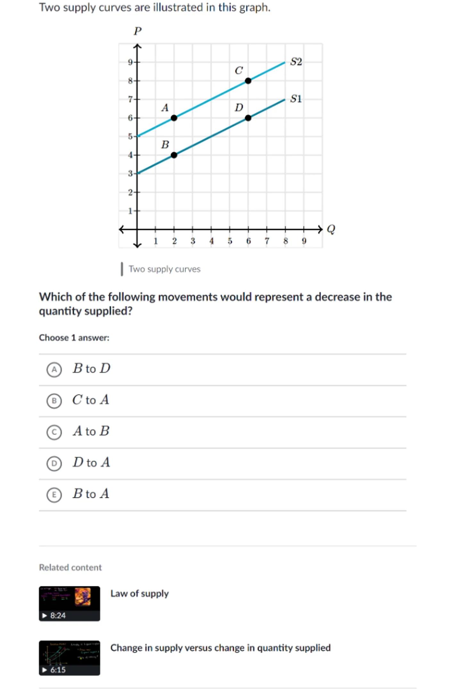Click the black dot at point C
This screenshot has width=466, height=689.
pyautogui.click(x=248, y=81)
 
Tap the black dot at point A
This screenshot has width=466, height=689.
pyautogui.click(x=174, y=118)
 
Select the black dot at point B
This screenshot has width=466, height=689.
pyautogui.click(x=174, y=155)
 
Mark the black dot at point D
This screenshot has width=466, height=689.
pyautogui.click(x=248, y=118)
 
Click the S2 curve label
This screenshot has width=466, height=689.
pyautogui.click(x=296, y=62)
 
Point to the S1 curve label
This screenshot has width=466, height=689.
pyautogui.click(x=296, y=99)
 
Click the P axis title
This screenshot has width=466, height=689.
pyautogui.click(x=137, y=31)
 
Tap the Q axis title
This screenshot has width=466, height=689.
pyautogui.click(x=331, y=229)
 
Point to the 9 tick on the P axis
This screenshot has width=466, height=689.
pyautogui.click(x=130, y=62)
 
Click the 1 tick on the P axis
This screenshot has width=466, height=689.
pyautogui.click(x=130, y=211)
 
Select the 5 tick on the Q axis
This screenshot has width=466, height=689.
pyautogui.click(x=230, y=241)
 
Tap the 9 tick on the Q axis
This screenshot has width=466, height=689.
pyautogui.click(x=304, y=241)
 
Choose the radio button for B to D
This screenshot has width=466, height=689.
pyautogui.click(x=54, y=369)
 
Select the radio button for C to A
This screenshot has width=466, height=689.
pyautogui.click(x=54, y=401)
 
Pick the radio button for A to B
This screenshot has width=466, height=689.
pyautogui.click(x=54, y=432)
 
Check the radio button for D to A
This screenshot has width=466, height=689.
pyautogui.click(x=54, y=463)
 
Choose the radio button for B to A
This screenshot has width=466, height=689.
pyautogui.click(x=54, y=495)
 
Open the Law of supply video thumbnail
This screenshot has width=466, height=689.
pyautogui.click(x=69, y=603)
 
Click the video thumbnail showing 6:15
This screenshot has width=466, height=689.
pyautogui.click(x=69, y=658)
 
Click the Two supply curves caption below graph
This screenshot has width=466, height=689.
pyautogui.click(x=164, y=269)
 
